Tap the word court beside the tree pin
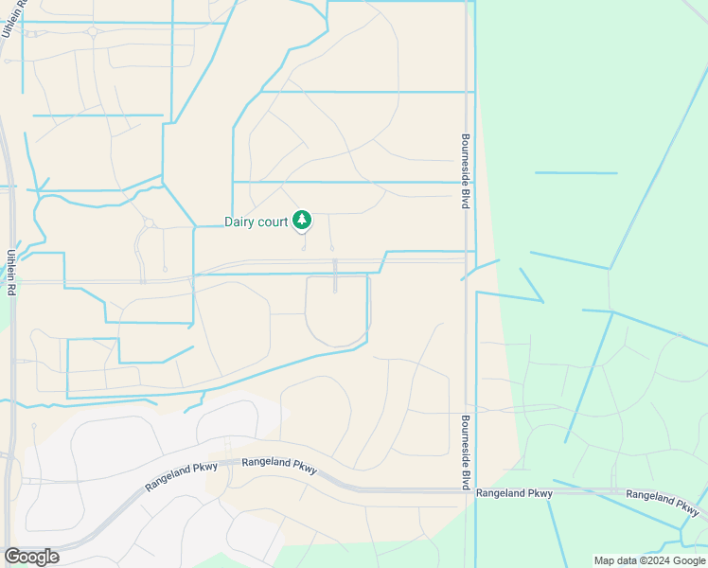(x=271, y=222)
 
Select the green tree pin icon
(x=302, y=221)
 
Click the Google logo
(x=31, y=557)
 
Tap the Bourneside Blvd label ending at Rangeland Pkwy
(x=466, y=452)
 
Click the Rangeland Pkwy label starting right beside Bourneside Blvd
(x=514, y=493)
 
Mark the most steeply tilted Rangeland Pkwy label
(x=182, y=476)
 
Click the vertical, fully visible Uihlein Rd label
(x=11, y=275)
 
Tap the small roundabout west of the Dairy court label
(x=149, y=223)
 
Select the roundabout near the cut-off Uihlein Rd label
(x=94, y=31)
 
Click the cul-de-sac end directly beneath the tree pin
(x=304, y=248)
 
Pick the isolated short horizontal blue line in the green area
(x=575, y=173)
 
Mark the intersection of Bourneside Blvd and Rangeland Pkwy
(x=470, y=490)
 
